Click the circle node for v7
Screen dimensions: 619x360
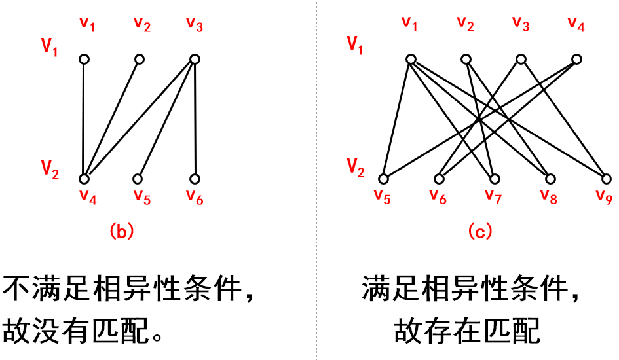pos(495,179)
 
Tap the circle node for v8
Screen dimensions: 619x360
pos(550,179)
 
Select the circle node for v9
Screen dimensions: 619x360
pos(605,179)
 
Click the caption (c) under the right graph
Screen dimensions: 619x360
pos(479,230)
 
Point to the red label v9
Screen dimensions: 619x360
pos(604,195)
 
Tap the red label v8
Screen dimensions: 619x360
pos(549,195)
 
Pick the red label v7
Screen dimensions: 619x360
pos(493,195)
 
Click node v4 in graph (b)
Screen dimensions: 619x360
pos(84,179)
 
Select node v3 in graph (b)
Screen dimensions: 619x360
pos(195,60)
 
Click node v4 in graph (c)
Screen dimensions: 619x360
pos(576,60)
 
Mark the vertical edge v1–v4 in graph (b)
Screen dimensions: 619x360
pos(84,118)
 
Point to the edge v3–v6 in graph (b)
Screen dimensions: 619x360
pos(195,118)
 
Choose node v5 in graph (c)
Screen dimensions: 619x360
pos(384,179)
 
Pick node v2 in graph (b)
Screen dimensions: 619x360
pos(140,60)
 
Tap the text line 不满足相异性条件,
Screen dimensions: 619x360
pos(128,289)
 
